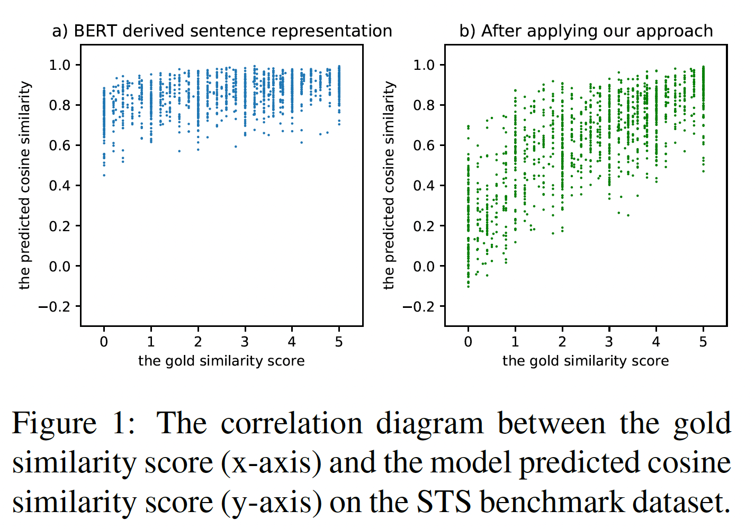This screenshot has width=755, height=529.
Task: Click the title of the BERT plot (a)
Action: [222, 31]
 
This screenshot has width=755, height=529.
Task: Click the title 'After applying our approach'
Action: [586, 31]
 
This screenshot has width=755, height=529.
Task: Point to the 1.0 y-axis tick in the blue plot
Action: [59, 65]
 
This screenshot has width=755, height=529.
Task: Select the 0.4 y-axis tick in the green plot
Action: [424, 186]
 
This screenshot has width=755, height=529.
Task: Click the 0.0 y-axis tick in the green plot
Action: [424, 266]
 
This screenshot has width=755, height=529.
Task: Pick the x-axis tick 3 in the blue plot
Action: [245, 342]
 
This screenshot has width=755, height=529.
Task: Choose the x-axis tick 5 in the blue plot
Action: [339, 342]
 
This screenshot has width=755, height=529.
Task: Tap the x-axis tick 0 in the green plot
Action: [468, 342]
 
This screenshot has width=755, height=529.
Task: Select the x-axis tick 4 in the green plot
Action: [656, 342]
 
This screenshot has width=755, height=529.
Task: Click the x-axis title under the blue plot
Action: [221, 361]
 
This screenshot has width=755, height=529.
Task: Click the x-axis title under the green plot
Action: [586, 361]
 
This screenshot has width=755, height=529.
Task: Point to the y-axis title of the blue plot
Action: [24, 185]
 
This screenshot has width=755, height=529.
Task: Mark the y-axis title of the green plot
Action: [389, 185]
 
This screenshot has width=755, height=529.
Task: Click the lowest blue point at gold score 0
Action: [104, 175]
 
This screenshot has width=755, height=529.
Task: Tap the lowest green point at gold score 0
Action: [468, 286]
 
